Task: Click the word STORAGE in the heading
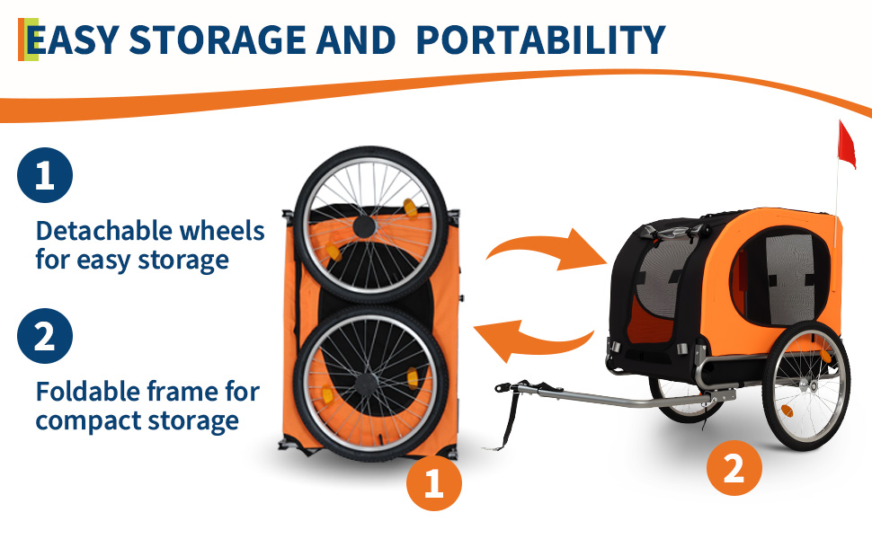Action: click(x=218, y=40)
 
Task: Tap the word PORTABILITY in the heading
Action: click(x=540, y=40)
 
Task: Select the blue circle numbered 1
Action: click(x=45, y=175)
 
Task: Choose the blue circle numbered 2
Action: click(x=45, y=336)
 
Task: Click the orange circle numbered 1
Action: click(x=434, y=483)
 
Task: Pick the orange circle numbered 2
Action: click(x=734, y=468)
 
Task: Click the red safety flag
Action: click(x=847, y=145)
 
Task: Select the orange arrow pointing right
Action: click(x=547, y=250)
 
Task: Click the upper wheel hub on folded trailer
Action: click(x=364, y=226)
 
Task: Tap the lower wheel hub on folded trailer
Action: click(x=365, y=384)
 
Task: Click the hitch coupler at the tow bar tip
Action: click(x=507, y=387)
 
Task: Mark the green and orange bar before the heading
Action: click(x=29, y=40)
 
